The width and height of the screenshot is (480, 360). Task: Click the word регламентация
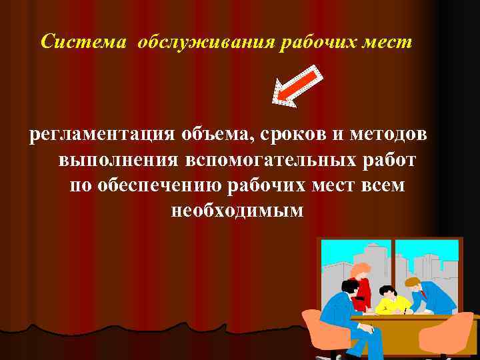[x=101, y=135]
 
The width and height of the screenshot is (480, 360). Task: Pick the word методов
[x=390, y=135]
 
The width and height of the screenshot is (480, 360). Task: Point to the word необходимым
[x=237, y=211]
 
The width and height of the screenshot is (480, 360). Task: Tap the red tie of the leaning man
[x=423, y=294]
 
